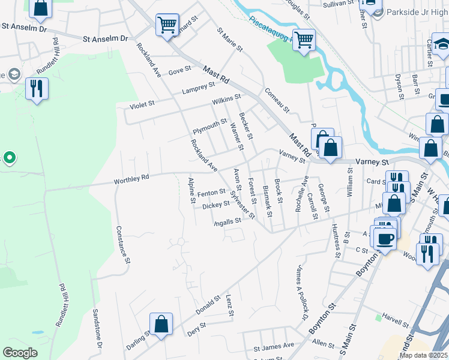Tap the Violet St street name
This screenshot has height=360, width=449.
(143, 104)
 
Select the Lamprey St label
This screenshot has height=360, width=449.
(194, 91)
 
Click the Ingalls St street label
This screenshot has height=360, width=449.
(228, 221)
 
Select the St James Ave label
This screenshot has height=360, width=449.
(274, 346)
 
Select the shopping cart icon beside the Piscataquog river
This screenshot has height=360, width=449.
(304, 40)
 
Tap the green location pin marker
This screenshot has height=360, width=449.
(9, 158)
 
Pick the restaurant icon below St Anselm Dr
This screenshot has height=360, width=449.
(37, 89)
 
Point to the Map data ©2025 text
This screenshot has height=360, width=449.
(423, 355)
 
